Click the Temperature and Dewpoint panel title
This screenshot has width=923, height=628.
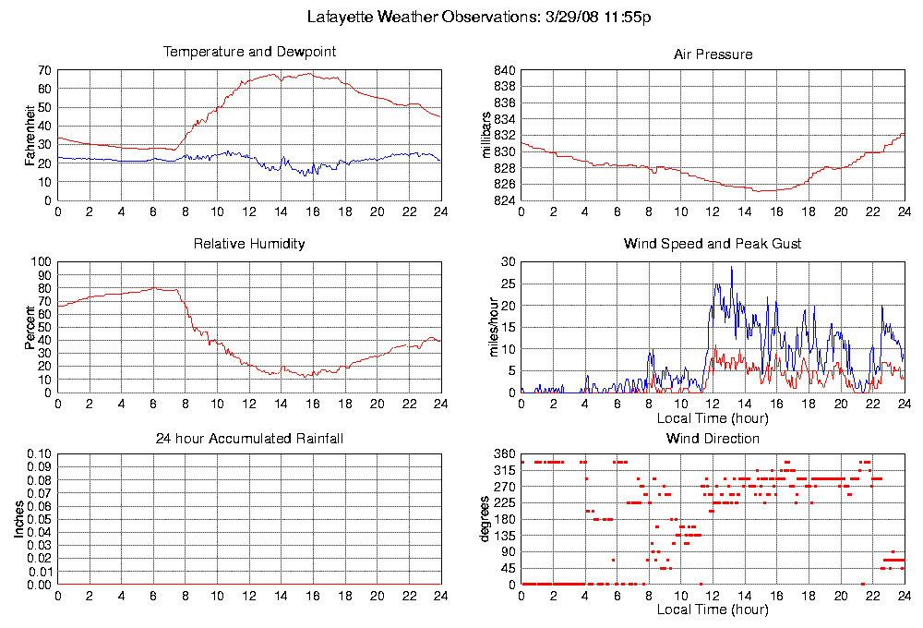[249, 53]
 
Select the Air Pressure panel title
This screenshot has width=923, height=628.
[713, 54]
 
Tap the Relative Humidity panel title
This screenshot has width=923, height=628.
[249, 245]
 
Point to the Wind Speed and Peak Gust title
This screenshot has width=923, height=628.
[713, 245]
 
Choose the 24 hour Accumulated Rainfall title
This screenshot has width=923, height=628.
[249, 438]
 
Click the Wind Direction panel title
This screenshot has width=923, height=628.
[713, 438]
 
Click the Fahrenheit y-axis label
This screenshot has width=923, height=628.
[30, 135]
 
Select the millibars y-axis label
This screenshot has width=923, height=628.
[486, 135]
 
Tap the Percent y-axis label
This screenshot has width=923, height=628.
[30, 327]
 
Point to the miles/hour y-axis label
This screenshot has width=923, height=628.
[486, 327]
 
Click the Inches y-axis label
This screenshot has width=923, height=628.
[18, 519]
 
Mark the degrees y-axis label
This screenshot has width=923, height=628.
[486, 519]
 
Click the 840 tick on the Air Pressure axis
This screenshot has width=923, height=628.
[505, 70]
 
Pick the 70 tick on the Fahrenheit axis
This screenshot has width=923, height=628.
[44, 70]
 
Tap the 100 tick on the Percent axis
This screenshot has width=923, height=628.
[42, 262]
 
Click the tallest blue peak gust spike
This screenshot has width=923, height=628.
[732, 268]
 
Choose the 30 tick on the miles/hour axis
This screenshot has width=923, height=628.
[508, 262]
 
